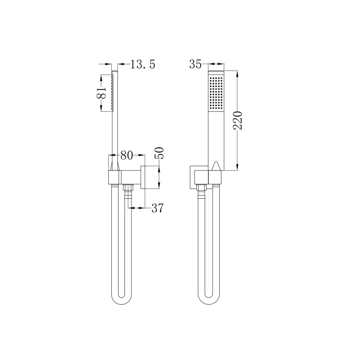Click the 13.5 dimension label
tap(143, 64)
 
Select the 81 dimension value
tap(101, 93)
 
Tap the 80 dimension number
tap(127, 155)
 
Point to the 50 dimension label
tap(160, 153)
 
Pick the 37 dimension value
tap(157, 208)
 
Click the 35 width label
tap(195, 64)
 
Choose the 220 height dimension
tap(238, 121)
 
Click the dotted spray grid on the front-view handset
tap(216, 93)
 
